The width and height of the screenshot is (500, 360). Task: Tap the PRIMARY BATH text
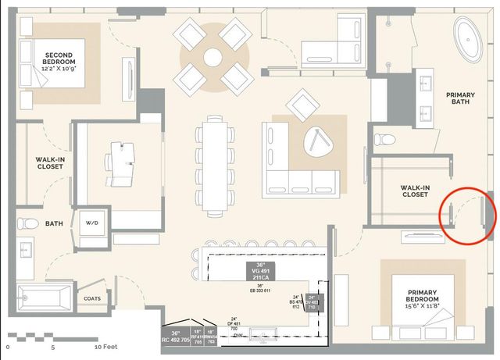point(461,99)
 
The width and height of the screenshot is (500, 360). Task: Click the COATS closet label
point(91,298)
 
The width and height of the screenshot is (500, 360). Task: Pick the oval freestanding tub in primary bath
point(472,37)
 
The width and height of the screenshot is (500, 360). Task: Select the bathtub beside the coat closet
point(43,298)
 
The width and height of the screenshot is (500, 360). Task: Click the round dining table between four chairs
point(213,56)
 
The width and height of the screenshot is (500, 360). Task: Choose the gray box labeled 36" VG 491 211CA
point(261,270)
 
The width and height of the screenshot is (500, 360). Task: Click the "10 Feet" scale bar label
point(107,345)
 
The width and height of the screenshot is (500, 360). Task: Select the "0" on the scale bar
point(8,345)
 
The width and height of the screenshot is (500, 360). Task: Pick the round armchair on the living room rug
point(317,141)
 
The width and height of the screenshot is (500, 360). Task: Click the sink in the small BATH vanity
point(23,254)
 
